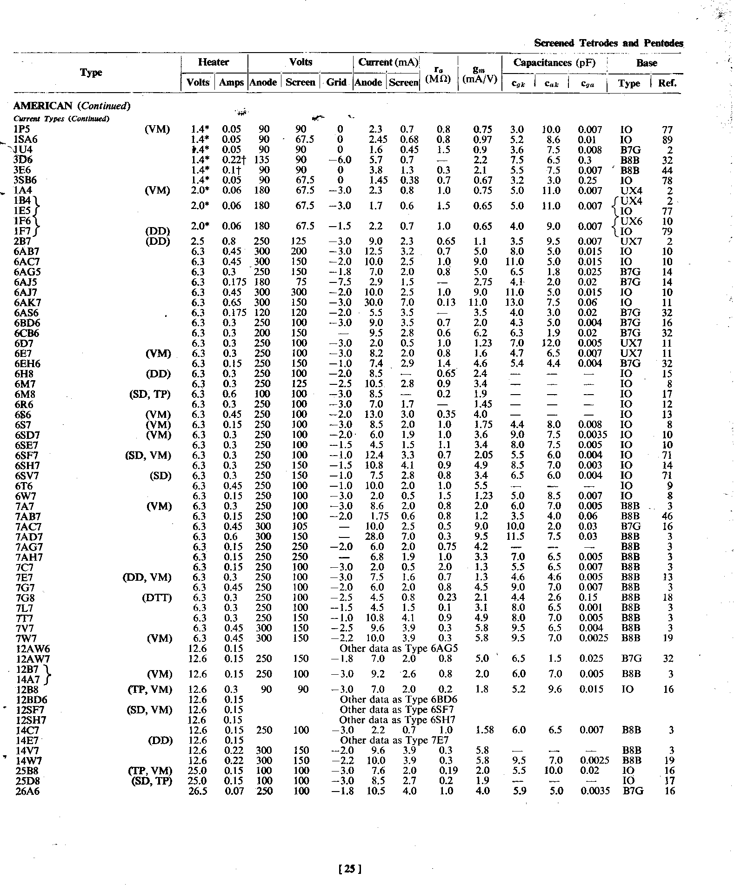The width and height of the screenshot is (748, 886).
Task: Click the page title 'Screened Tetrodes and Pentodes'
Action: pyautogui.click(x=608, y=43)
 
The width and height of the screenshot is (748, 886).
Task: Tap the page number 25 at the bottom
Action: pyautogui.click(x=351, y=868)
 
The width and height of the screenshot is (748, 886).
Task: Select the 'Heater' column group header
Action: pyautogui.click(x=214, y=62)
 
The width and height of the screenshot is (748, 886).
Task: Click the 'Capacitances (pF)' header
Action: pyautogui.click(x=554, y=62)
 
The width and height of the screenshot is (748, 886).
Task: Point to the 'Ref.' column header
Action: pyautogui.click(x=667, y=83)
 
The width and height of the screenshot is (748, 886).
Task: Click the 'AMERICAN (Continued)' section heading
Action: pyautogui.click(x=72, y=106)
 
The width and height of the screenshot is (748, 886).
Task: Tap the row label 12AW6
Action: pyautogui.click(x=32, y=649)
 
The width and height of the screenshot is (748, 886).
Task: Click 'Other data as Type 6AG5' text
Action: pyautogui.click(x=399, y=648)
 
